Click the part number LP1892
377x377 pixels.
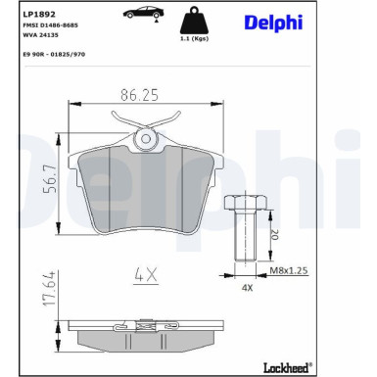37,16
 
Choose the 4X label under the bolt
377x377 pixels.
246,289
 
